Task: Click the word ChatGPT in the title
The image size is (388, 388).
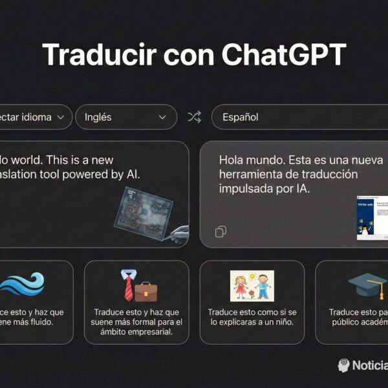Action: [x=284, y=55]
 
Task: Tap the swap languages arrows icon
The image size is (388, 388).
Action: [x=194, y=117]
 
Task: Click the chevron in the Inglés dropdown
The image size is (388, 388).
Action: [x=162, y=117]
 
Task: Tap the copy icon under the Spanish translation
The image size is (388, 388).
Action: [x=221, y=232]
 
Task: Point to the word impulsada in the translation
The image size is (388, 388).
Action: [x=242, y=189]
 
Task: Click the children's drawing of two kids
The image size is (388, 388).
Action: [x=252, y=286]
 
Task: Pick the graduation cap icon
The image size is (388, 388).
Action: [x=367, y=285]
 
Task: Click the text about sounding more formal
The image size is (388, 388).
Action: [x=136, y=322]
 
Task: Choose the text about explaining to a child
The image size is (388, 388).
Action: [x=252, y=317]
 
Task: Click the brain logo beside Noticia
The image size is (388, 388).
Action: [x=343, y=365]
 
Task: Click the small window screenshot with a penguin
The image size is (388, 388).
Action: [x=372, y=217]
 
